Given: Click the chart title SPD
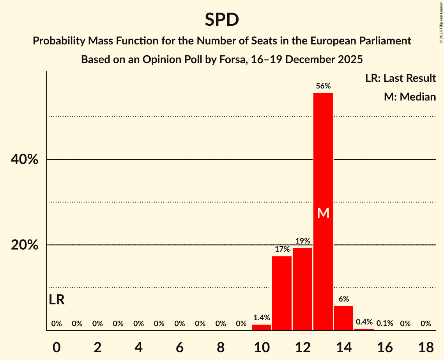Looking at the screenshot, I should point(222,20).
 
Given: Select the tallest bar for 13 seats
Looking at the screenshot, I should point(323,175).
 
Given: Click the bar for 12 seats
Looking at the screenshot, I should point(302,289).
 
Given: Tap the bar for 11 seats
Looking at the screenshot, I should point(282,293).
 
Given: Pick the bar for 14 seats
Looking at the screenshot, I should point(343,318).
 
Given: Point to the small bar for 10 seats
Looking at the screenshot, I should point(261,327).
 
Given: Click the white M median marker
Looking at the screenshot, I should point(323,213).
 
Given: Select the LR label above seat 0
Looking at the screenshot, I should point(57,300).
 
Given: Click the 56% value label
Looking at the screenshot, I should point(323,86).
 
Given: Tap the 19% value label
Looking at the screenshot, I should point(302,241).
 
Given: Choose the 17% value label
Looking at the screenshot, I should point(282,249).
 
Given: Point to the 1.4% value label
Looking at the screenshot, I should point(261,318).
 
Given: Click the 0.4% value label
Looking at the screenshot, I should point(364,322).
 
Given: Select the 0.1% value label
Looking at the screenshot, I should point(384,323).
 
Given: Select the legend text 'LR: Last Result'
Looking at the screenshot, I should point(400,78).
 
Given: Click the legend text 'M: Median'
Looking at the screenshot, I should point(410,97).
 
